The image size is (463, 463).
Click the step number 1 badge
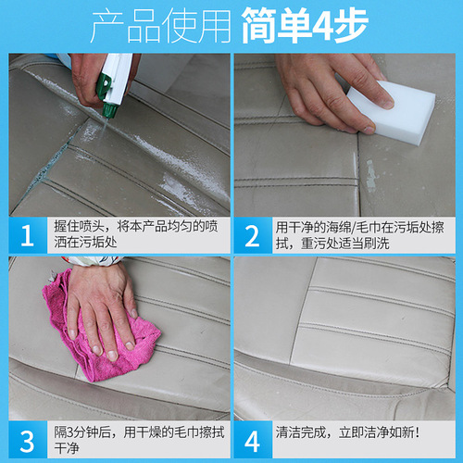(27, 234)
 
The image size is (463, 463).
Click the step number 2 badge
(252, 234)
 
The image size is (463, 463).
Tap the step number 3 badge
(27, 438)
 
